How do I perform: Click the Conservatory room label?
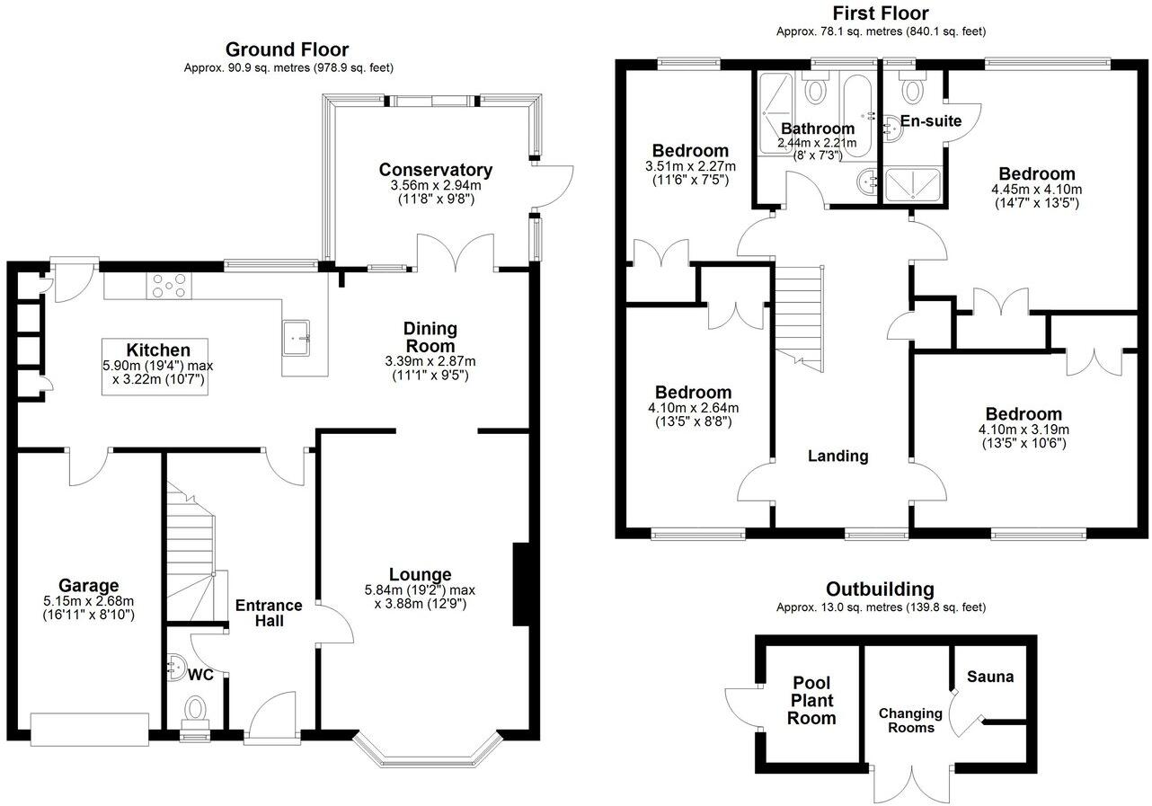(436, 170)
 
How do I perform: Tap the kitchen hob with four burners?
(169, 286)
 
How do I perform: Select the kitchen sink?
(296, 338)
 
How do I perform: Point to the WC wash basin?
(175, 667)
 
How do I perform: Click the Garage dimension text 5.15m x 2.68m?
(88, 601)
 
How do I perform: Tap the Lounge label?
(421, 574)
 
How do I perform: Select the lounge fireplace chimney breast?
(521, 584)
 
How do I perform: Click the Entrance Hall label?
(269, 613)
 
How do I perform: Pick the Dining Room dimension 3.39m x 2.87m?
(430, 361)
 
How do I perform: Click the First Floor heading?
(881, 13)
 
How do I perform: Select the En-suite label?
(931, 121)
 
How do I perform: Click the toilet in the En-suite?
(912, 87)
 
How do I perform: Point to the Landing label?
(837, 456)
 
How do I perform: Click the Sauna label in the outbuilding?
(990, 677)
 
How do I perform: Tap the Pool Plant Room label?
(811, 701)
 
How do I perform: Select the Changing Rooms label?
(910, 721)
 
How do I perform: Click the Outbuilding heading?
(880, 589)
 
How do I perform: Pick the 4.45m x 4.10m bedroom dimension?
(1036, 190)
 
